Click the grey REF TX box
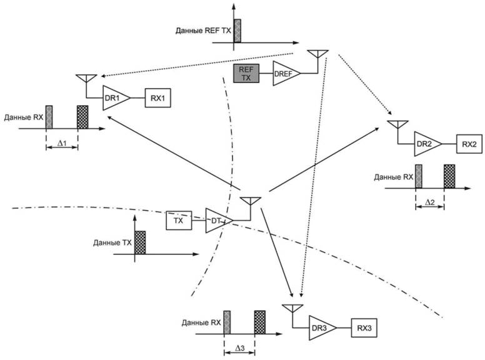[x=244, y=73]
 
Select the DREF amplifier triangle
[x=284, y=74]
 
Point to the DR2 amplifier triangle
[x=426, y=144]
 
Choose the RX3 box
[x=363, y=327]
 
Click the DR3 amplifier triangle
[x=321, y=327]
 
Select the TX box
[x=178, y=221]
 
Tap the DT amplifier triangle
[x=217, y=221]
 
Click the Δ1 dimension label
[x=62, y=143]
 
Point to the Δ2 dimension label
[x=430, y=203]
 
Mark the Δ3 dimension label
[x=239, y=347]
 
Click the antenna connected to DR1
[x=86, y=79]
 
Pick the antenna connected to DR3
[x=292, y=309]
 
